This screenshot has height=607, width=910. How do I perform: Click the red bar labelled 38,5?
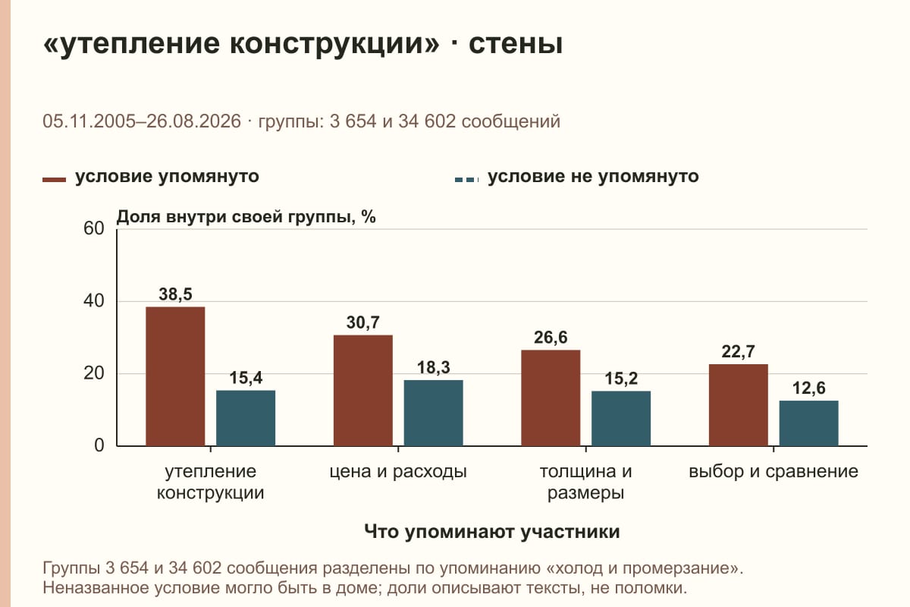coord(175,376)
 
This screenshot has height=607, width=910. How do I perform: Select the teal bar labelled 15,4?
coord(246,418)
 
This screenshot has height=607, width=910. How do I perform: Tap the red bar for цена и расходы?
coord(362,390)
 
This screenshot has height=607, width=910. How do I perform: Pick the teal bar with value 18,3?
coord(433,413)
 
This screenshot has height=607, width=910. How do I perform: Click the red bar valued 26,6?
coord(551,398)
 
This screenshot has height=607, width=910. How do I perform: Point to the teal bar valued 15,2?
coord(621,418)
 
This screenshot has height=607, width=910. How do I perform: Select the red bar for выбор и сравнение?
coord(738,405)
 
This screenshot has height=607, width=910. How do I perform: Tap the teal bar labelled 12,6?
coord(808,423)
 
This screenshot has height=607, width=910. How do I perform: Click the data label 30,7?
coord(362,322)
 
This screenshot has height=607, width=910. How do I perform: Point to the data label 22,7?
coord(738,351)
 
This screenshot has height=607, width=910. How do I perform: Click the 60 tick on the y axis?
coord(94,228)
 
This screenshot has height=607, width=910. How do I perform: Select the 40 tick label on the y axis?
coord(94,301)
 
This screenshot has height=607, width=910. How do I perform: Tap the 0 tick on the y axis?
coord(99,445)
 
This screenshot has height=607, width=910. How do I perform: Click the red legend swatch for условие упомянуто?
coord(54,180)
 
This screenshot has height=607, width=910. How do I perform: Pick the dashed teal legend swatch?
coord(467,180)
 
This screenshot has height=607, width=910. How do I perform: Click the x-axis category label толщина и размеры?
coord(585,482)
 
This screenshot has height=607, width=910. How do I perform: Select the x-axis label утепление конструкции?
coord(211,482)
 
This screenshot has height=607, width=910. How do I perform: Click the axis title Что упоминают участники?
coord(492,531)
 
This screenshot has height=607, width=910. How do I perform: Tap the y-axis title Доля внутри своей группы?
coord(246,217)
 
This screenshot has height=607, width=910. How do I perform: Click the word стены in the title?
coord(516,43)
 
